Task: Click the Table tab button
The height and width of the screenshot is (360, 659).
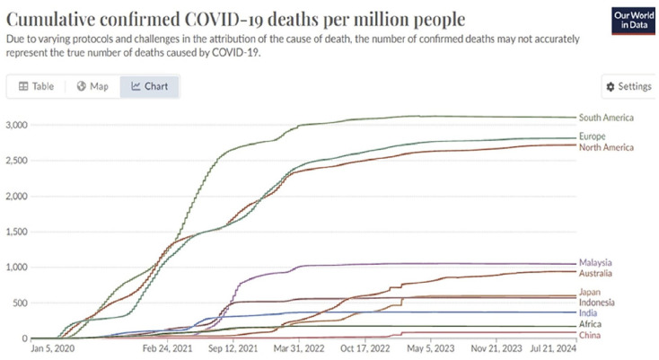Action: [37, 86]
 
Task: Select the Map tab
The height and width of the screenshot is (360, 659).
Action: [92, 86]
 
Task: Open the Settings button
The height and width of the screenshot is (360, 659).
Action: [628, 86]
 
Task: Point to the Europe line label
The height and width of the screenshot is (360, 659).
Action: [593, 136]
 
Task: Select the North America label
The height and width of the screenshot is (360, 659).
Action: [606, 147]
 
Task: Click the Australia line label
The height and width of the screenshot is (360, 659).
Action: [596, 273]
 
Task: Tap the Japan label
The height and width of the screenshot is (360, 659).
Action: [591, 291]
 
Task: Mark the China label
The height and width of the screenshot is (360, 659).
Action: [591, 335]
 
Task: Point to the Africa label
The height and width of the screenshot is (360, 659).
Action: [591, 324]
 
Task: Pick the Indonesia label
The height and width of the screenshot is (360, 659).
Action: [598, 303]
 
